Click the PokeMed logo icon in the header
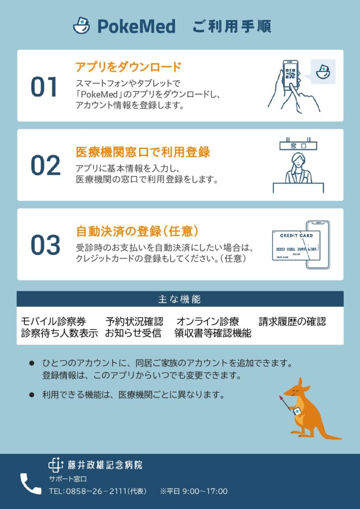coord(82,25)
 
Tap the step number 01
coord(44,86)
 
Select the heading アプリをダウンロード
coord(128,67)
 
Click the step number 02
coord(45,166)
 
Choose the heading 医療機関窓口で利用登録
coord(143,152)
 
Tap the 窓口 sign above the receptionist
coord(298,146)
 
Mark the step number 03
coord(45,245)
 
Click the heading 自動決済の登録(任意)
coord(137,231)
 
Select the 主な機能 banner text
coord(180,299)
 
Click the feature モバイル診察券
coord(53,322)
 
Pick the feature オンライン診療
coord(207,322)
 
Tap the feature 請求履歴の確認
coord(292,322)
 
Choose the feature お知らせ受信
coord(133,334)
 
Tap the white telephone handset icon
coord(30,484)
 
